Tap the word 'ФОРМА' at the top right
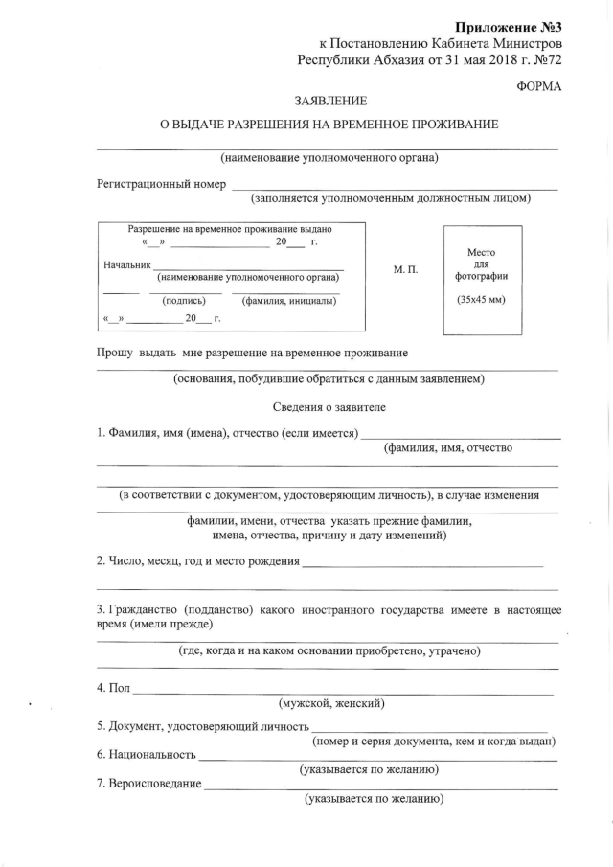tap(537, 86)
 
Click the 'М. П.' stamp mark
tap(406, 270)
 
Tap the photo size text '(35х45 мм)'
tap(482, 300)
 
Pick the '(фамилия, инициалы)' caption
tap(289, 300)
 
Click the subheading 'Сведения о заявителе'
tap(329, 406)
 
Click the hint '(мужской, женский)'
tap(331, 704)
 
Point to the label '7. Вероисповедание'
tap(148, 785)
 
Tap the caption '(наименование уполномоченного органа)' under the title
tap(329, 157)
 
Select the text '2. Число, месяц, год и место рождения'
tap(197, 560)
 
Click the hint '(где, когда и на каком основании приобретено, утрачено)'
tap(329, 651)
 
